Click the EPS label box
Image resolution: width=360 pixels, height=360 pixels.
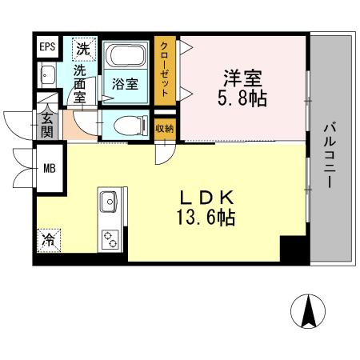[x=47, y=47]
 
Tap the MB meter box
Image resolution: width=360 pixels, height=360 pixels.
[x=50, y=169]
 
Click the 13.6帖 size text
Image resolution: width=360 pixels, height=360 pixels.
[x=206, y=217]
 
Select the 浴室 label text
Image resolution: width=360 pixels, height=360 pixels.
[x=125, y=82]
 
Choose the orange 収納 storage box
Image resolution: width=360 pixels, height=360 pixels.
[x=165, y=127]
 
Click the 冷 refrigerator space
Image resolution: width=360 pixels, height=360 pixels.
[x=47, y=239]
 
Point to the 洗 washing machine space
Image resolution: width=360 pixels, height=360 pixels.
[x=82, y=48]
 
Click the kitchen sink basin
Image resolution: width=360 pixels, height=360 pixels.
[x=109, y=200]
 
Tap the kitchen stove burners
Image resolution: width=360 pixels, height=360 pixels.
[x=109, y=237]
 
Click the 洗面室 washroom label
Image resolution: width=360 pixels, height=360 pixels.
[x=80, y=82]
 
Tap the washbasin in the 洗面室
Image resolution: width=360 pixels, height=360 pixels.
[x=46, y=77]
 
